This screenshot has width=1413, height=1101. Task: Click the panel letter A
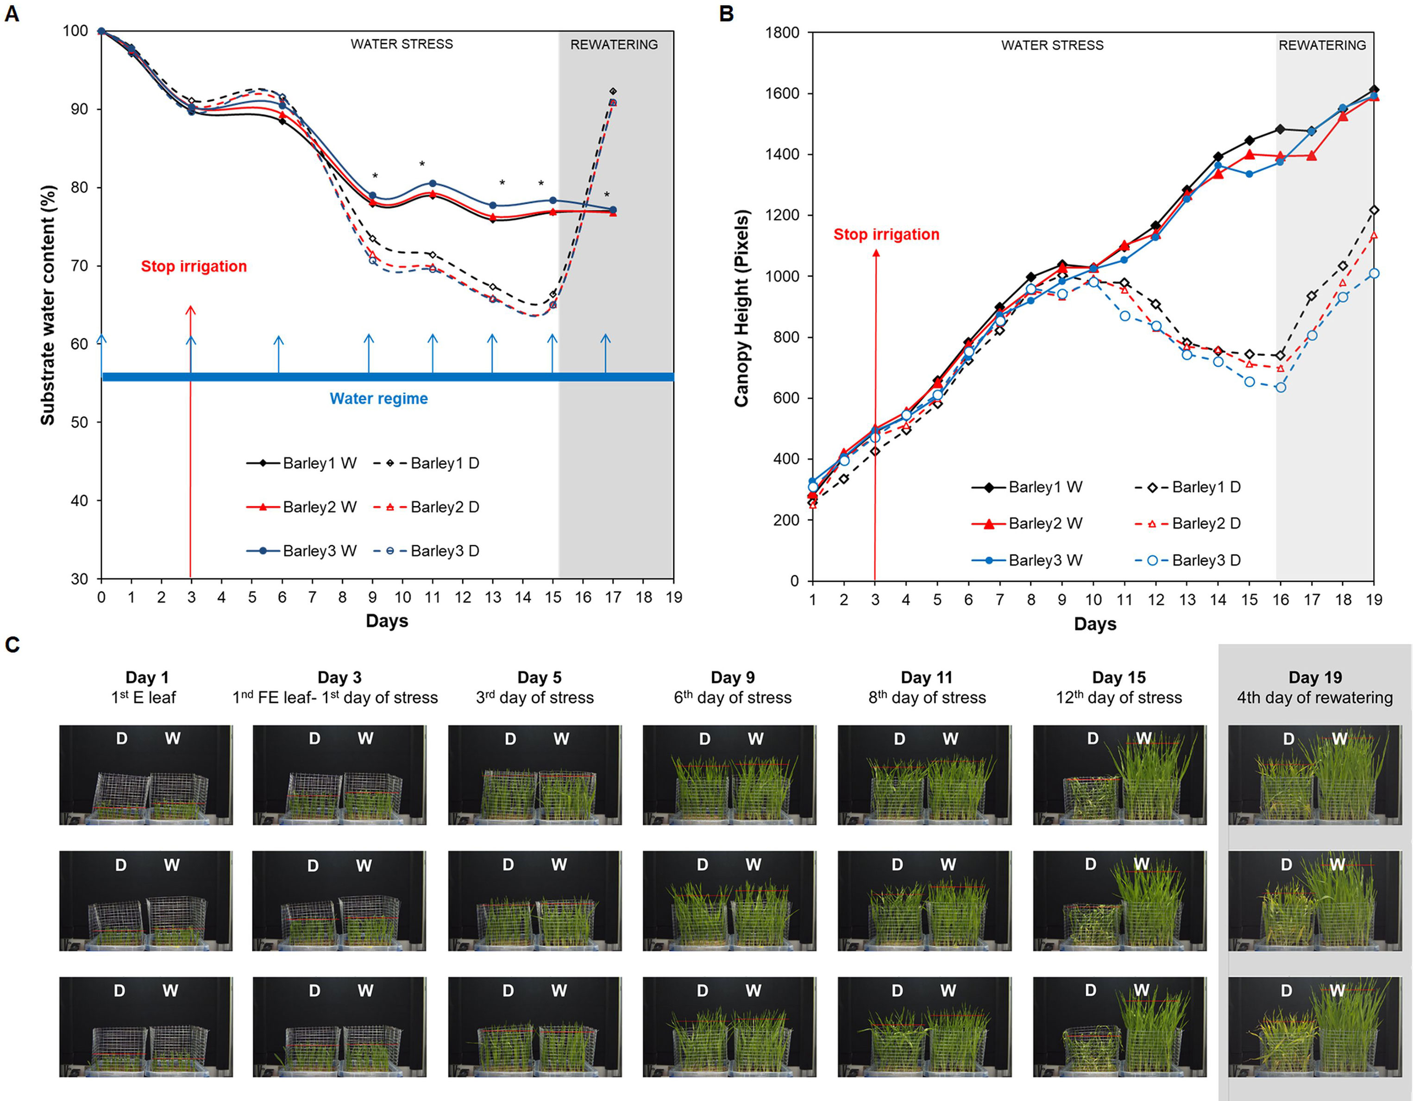[12, 14]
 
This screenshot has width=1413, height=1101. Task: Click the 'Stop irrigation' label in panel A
[194, 266]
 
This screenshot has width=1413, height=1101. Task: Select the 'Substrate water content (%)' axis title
[48, 305]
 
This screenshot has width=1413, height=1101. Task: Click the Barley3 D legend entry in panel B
[1187, 560]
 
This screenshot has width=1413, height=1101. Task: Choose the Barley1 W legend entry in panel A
[301, 463]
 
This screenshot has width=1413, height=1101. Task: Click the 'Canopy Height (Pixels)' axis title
[741, 308]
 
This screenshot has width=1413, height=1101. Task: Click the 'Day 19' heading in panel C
[1315, 677]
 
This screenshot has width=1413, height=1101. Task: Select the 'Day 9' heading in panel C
[732, 677]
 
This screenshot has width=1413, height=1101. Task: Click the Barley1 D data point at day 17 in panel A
[613, 91]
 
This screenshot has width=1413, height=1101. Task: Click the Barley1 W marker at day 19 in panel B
[1374, 90]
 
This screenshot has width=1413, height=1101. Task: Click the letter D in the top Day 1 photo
[122, 739]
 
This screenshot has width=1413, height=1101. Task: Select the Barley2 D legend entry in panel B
[1187, 523]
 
